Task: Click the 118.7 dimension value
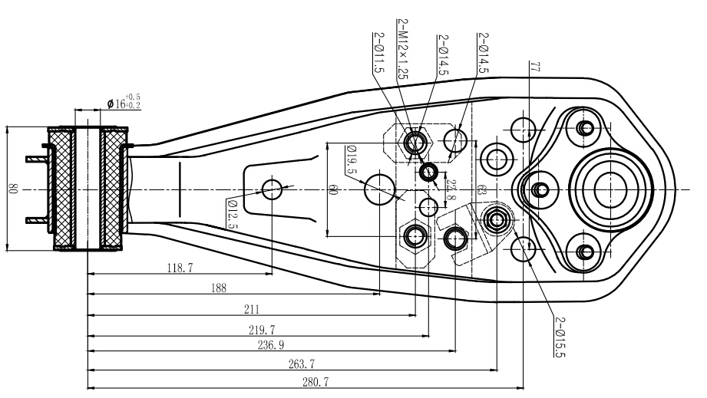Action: [180, 268]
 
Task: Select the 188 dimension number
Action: [219, 288]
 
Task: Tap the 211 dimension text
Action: [252, 309]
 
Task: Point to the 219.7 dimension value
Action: [262, 330]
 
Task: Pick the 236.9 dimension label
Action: [271, 345]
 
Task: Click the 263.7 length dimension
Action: [302, 363]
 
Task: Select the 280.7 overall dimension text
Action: [316, 382]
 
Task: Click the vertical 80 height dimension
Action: [12, 189]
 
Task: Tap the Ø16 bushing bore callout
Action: [124, 102]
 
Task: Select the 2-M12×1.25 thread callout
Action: [403, 49]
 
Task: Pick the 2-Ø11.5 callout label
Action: [378, 53]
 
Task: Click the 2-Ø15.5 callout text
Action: [560, 337]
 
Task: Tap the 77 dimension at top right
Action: [535, 67]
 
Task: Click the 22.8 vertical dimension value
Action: [451, 190]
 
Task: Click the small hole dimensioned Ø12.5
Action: [272, 189]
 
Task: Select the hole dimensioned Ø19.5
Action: [380, 189]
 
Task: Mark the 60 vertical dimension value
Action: [333, 189]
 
